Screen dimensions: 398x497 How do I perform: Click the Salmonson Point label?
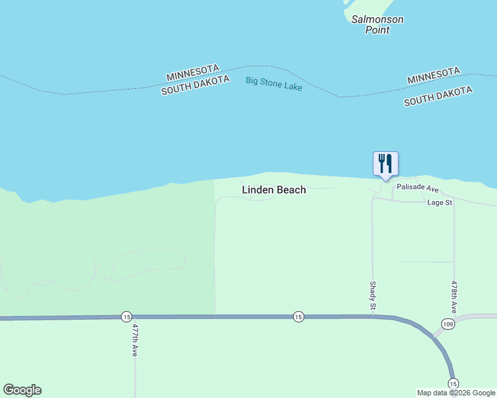[x=377, y=25]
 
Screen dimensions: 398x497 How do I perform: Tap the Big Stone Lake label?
[x=274, y=84]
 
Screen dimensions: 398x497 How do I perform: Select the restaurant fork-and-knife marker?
[x=385, y=163]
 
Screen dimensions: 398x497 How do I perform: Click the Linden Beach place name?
[x=274, y=190]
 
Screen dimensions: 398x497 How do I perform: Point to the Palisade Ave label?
[x=418, y=188]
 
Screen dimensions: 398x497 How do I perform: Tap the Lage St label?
[x=440, y=202]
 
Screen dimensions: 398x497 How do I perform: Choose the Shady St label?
[x=373, y=295]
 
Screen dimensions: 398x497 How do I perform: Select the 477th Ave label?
[x=135, y=340]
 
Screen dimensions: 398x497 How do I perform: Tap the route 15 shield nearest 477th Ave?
[x=126, y=317]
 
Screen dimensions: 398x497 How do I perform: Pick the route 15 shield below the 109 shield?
[x=453, y=383]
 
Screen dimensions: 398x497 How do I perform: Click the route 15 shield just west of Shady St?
[x=298, y=317]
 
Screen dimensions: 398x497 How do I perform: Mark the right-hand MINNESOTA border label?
[x=433, y=75]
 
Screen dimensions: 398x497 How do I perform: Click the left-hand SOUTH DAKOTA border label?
[x=195, y=85]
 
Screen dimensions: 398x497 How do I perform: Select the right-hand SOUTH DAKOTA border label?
[x=438, y=96]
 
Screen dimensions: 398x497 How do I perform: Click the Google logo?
[x=22, y=390]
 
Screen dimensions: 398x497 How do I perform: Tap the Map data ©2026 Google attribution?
[x=456, y=393]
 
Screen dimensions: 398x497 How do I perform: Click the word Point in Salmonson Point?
[x=377, y=30]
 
